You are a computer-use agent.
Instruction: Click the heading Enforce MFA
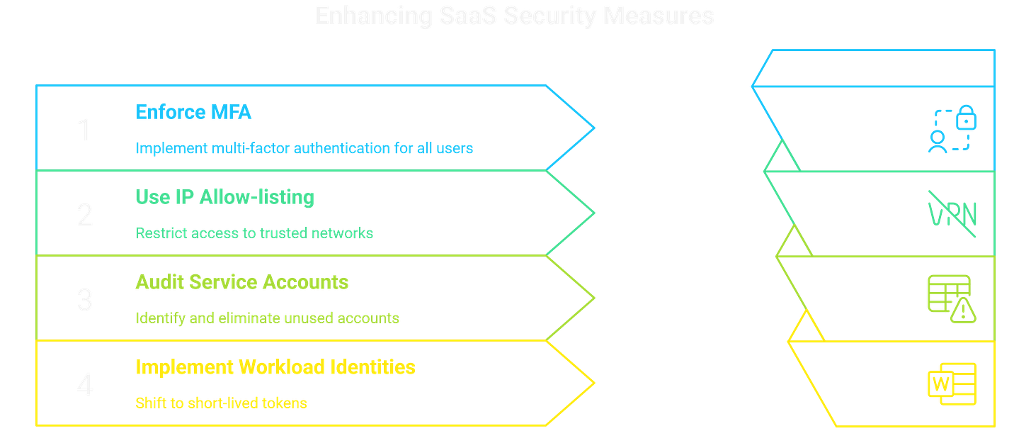193,112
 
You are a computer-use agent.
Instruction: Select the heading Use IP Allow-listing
224,197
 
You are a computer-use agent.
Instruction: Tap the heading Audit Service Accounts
241,282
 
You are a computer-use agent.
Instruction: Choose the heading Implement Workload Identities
275,367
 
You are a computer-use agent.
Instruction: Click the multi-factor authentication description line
304,148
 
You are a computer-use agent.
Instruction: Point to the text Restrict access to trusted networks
254,233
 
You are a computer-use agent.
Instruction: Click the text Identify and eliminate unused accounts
268,318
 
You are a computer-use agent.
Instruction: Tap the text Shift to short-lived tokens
222,403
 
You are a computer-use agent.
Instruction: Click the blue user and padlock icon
952,129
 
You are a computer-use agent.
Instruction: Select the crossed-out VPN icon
952,213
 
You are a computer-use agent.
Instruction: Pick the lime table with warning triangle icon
952,298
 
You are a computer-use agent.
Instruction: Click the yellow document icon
952,384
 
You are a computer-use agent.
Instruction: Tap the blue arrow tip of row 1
592,129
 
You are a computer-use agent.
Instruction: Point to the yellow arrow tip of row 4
592,384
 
